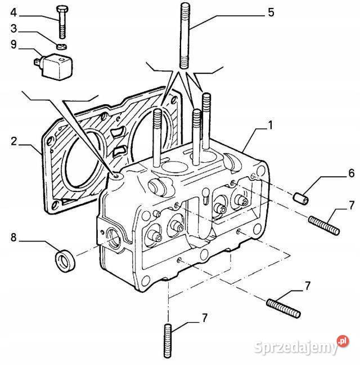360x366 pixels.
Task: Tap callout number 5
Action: pos(271,12)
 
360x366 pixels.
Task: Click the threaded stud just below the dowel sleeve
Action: pos(323,226)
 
